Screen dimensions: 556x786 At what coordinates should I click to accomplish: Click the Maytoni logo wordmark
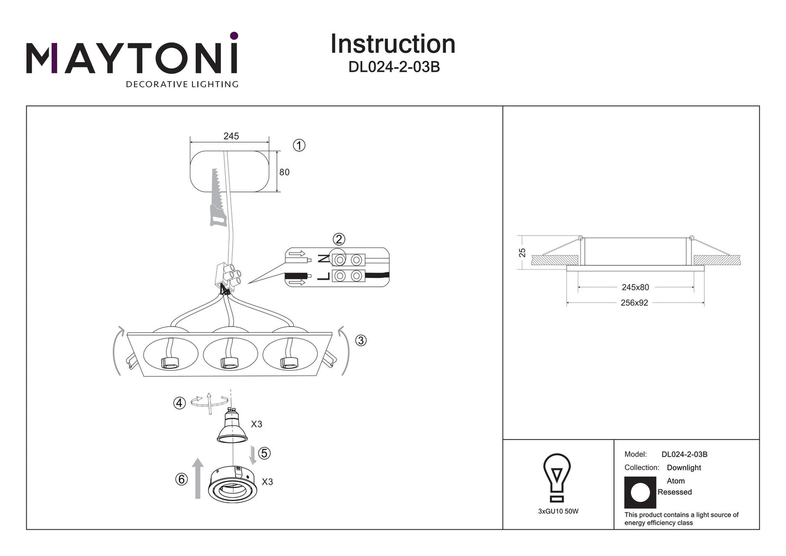click(132, 56)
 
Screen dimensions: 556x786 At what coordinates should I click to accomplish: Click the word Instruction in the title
click(393, 44)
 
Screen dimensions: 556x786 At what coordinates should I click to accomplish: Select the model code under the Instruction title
click(394, 67)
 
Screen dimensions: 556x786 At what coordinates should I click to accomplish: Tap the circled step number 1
click(299, 145)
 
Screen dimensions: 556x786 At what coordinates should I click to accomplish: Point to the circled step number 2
click(339, 239)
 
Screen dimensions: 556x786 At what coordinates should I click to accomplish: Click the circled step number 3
click(361, 341)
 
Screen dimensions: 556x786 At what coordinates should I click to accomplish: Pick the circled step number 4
click(180, 403)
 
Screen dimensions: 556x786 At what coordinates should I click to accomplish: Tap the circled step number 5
click(264, 453)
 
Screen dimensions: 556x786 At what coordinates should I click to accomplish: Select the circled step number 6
click(182, 479)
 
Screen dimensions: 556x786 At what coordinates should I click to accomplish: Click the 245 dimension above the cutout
click(231, 136)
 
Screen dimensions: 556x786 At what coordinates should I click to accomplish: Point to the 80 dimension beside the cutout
click(284, 172)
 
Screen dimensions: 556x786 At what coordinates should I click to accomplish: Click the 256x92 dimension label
click(634, 303)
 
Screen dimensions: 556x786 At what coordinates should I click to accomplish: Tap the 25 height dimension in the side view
click(522, 252)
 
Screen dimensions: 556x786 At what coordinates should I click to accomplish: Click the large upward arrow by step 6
click(198, 478)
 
